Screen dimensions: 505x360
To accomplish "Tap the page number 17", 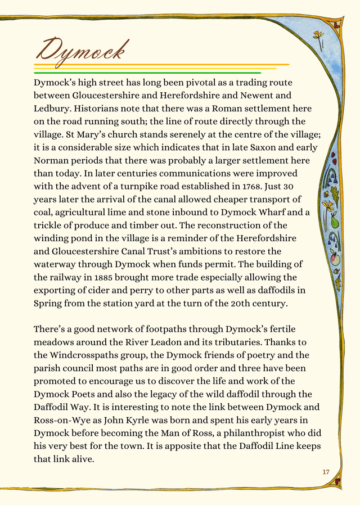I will click(x=326, y=471).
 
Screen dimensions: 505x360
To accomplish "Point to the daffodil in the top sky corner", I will click(x=319, y=39).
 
